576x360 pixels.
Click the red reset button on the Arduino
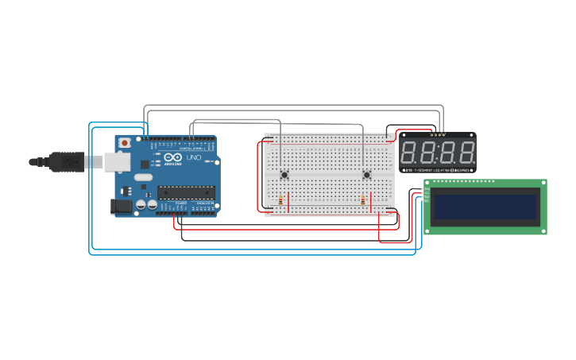(124, 142)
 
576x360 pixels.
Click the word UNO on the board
(193, 157)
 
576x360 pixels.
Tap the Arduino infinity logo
(169, 158)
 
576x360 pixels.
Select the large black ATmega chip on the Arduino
(187, 191)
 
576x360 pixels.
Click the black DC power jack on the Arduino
(121, 207)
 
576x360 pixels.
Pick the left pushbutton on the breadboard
(284, 175)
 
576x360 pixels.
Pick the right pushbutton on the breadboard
(366, 175)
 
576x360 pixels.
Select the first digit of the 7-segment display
(411, 152)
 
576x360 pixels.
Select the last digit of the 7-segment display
(466, 152)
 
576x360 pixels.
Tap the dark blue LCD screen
(485, 203)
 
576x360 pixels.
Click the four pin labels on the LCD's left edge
(427, 195)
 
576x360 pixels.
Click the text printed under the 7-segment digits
(437, 169)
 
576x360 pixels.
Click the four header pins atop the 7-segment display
(438, 135)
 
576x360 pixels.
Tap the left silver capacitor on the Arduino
(141, 204)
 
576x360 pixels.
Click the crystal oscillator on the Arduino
(142, 176)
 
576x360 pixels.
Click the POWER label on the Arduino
(181, 203)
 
